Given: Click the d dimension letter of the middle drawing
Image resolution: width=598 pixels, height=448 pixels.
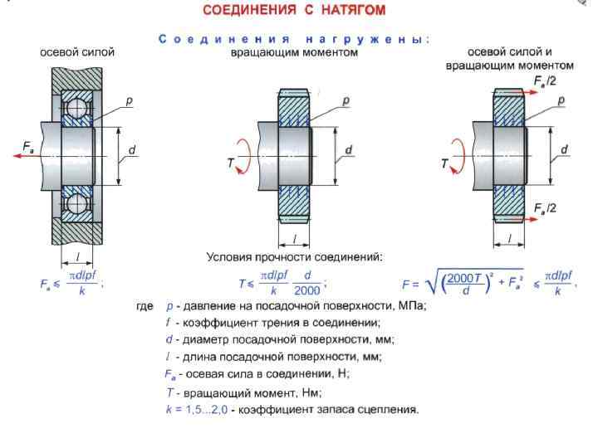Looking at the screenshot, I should (348, 150).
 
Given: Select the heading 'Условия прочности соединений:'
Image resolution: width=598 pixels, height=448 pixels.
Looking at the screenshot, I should (294, 257).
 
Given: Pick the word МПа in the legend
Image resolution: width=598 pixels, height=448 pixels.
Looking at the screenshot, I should (411, 306).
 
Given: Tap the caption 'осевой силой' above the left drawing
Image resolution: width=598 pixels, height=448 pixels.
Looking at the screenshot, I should (77, 52).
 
